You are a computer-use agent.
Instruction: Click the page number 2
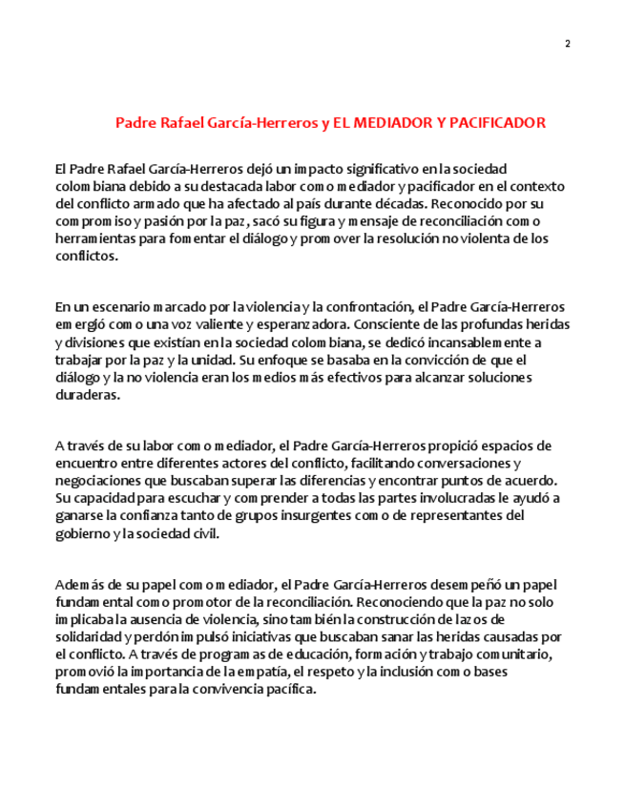click(567, 44)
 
